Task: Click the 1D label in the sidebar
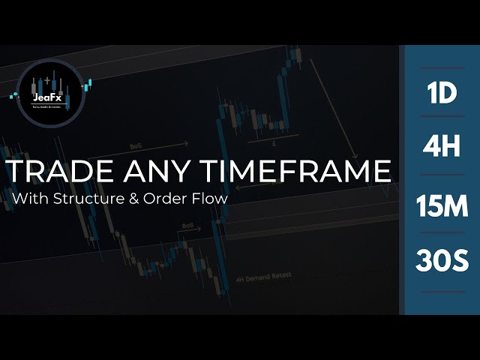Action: (x=442, y=94)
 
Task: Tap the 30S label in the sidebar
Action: (x=442, y=262)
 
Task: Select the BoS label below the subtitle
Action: (x=187, y=225)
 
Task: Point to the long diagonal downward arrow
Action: (x=336, y=109)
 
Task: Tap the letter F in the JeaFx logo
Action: (x=56, y=97)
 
